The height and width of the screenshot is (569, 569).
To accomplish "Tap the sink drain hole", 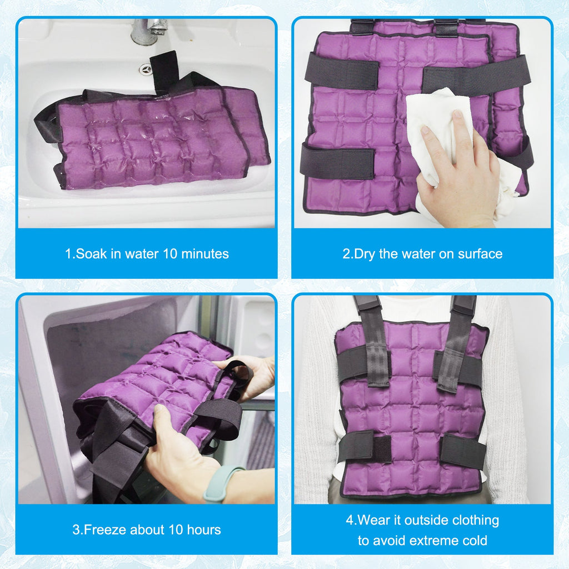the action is tap(146, 69).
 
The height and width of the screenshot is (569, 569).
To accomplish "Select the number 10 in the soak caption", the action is tap(170, 253).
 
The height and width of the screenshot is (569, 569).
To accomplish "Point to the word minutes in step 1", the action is tap(205, 253).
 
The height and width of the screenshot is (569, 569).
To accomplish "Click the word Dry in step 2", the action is tap(365, 254).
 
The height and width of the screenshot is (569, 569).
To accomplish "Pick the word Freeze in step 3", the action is tap(105, 530).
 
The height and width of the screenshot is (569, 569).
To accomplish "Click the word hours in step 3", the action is tap(204, 530).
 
